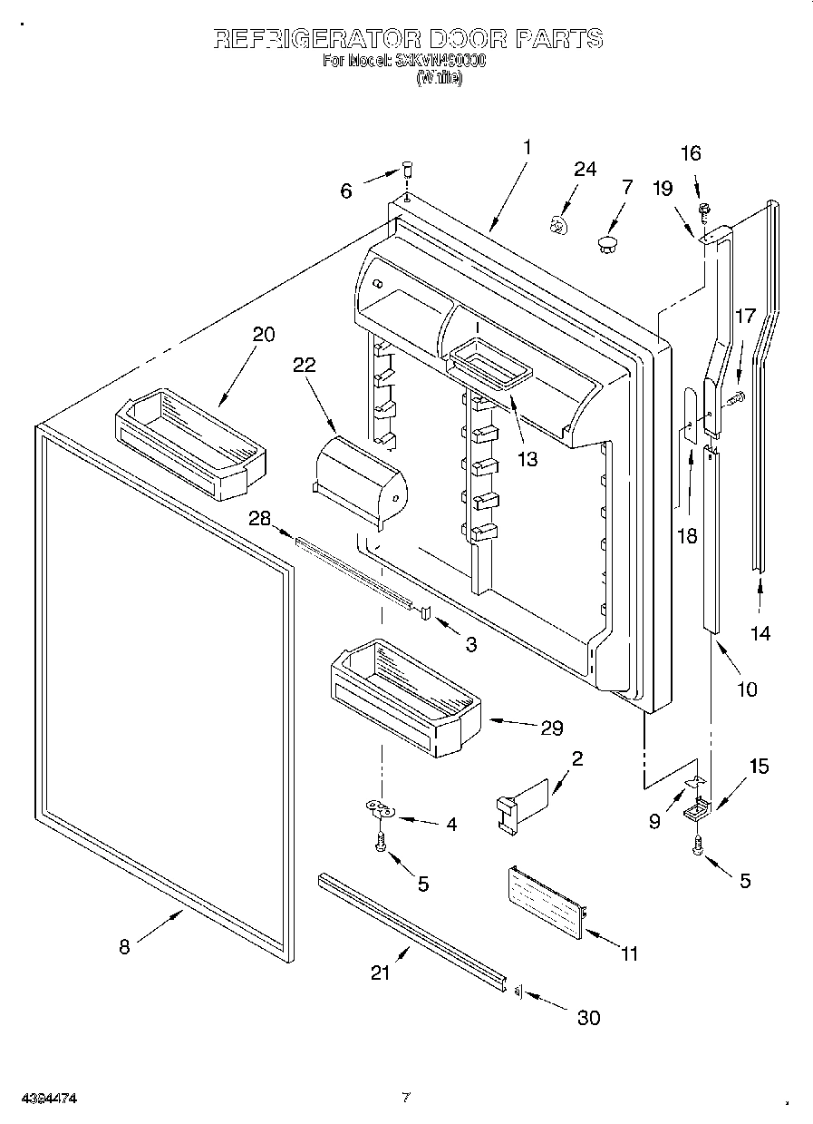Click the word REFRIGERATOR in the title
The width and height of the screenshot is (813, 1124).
[x=316, y=38]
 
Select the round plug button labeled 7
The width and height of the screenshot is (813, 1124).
[x=607, y=242]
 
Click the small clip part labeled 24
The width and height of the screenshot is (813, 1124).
[x=560, y=223]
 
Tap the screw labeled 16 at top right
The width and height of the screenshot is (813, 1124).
[x=703, y=210]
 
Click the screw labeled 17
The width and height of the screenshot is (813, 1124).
[x=733, y=396]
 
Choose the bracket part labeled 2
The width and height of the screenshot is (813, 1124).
[x=525, y=799]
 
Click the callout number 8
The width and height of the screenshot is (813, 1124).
[x=124, y=947]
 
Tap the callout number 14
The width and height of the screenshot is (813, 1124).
[x=760, y=633]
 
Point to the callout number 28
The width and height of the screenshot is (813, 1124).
[x=259, y=517]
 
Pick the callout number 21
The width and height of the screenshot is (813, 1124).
[x=381, y=973]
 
